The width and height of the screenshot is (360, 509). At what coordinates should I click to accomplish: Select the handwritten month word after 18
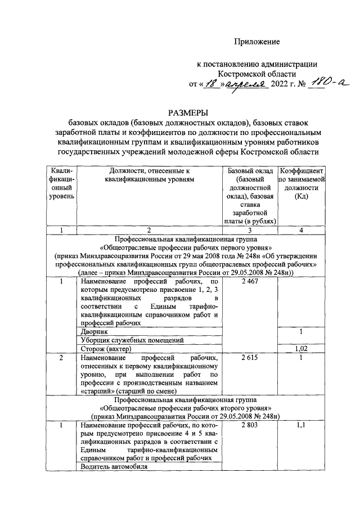point(246,84)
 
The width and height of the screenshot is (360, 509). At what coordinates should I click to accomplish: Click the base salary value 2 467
point(249,281)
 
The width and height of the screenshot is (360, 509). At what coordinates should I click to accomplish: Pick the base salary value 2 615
point(249,358)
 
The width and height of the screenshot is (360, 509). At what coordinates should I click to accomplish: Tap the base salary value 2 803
point(249,427)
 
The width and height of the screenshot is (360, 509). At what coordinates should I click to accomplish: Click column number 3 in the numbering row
point(249,229)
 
